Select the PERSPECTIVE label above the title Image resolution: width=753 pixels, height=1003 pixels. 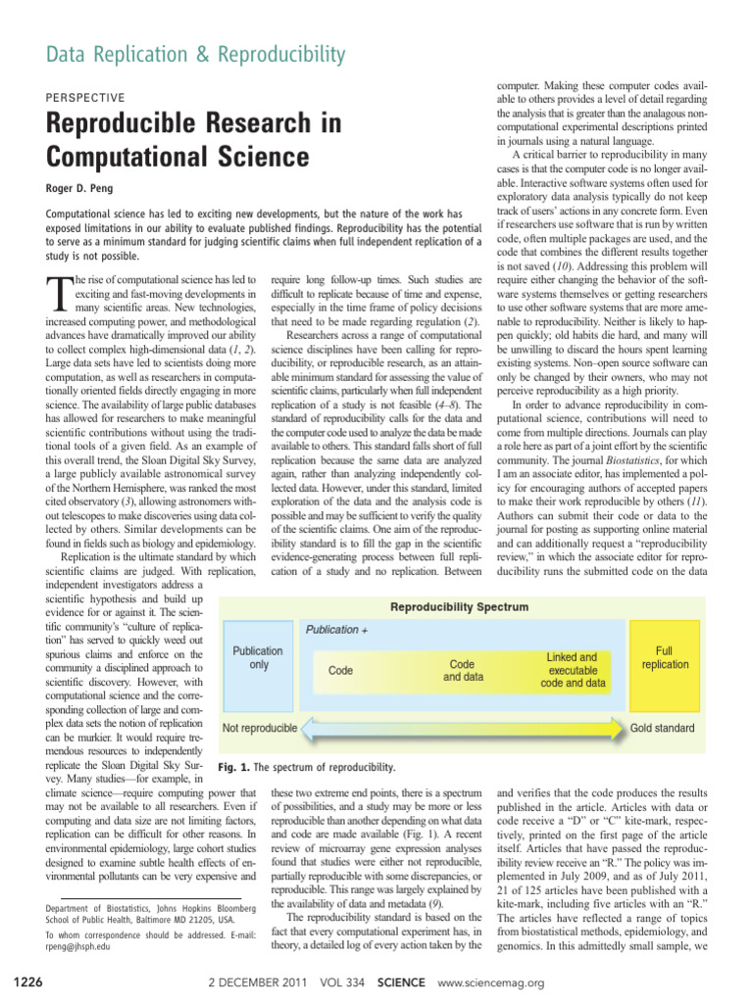point(85,98)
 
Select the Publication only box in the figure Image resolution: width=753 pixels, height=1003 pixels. point(258,657)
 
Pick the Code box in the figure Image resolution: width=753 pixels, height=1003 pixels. point(340,671)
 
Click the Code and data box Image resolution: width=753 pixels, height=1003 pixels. point(462,670)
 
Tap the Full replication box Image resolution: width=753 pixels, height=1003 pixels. point(665,657)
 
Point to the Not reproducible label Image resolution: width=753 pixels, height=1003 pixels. point(260,728)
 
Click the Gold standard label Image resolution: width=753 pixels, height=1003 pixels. point(662,728)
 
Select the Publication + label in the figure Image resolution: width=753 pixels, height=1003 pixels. point(337,630)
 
